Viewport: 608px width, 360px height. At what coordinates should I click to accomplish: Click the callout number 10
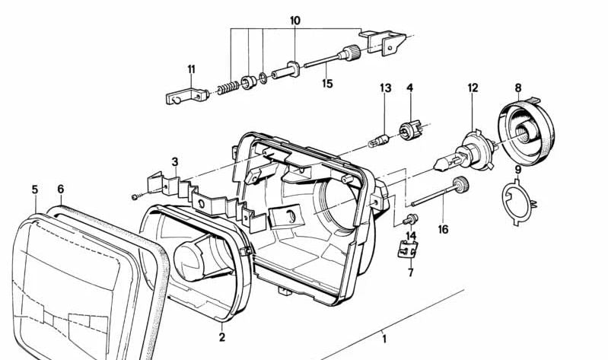(294, 19)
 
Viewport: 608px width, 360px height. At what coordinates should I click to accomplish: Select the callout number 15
(326, 84)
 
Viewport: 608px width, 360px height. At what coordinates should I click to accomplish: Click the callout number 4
(409, 89)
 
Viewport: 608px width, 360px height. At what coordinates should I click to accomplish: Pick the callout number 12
(473, 88)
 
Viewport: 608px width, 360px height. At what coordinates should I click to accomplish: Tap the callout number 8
(518, 88)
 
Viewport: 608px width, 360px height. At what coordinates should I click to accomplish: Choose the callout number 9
(517, 170)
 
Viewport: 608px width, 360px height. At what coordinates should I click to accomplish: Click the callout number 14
(411, 236)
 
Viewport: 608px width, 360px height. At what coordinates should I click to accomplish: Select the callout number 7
(410, 272)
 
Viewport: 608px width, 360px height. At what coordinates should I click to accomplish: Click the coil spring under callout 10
(226, 88)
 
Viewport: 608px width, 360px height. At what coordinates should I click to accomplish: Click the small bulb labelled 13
(381, 140)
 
